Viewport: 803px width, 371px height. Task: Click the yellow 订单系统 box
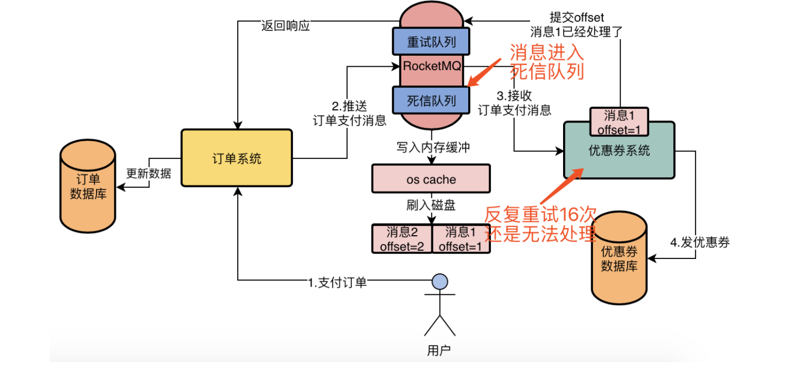(x=237, y=158)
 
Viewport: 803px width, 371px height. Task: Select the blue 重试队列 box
(x=431, y=41)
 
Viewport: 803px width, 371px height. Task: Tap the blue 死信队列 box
(x=431, y=100)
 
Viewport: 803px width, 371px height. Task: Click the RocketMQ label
(x=432, y=66)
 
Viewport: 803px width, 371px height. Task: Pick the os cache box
(x=431, y=179)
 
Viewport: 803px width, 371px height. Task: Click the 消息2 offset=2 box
(x=402, y=239)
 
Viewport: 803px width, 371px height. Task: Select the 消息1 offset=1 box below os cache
(x=461, y=239)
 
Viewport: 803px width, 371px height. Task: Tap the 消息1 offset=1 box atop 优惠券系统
(x=619, y=122)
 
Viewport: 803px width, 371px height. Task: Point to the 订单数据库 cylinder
(x=88, y=186)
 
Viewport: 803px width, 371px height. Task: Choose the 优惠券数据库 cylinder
(x=619, y=258)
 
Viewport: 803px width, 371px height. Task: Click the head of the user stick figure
(x=440, y=282)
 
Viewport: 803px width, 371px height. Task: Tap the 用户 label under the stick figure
(x=439, y=350)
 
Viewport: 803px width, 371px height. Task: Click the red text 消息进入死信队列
(x=547, y=62)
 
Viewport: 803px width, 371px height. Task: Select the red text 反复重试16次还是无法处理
(x=540, y=224)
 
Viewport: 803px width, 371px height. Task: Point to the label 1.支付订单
(x=338, y=283)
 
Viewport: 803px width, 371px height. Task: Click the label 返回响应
(x=285, y=25)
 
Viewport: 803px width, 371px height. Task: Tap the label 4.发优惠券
(x=700, y=242)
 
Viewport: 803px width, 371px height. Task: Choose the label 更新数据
(x=148, y=174)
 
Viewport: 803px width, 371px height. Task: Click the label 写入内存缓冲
(x=433, y=147)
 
